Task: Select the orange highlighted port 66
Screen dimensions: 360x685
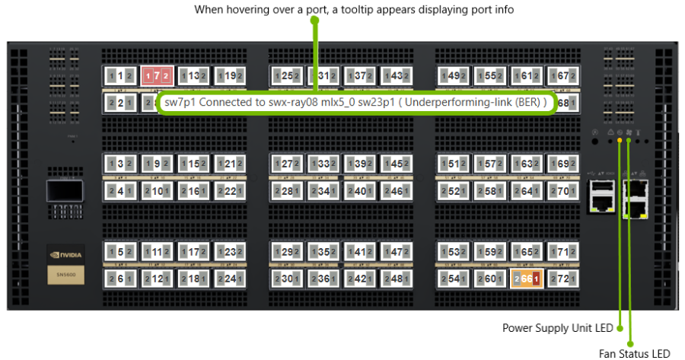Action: click(x=527, y=279)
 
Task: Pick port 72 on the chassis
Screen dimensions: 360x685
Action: click(x=563, y=279)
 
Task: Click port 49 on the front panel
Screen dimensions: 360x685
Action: click(x=454, y=76)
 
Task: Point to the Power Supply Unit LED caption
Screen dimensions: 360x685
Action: click(x=558, y=328)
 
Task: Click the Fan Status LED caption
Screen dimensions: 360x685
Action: click(x=634, y=352)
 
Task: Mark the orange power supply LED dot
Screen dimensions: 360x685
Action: click(x=620, y=141)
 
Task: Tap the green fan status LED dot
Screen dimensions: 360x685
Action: click(x=629, y=141)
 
